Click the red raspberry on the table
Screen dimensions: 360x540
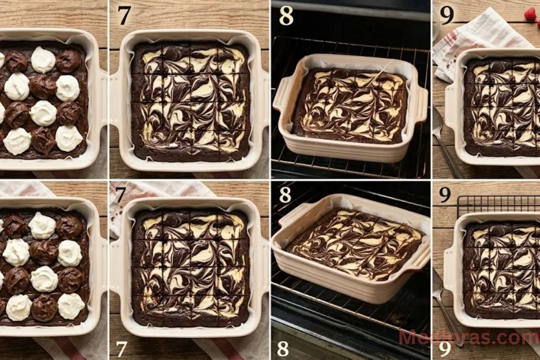pos(530,14)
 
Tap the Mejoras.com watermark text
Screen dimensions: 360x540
pos(468,337)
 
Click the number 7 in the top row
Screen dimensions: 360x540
pos(124,15)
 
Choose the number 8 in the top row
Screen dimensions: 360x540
pos(286,15)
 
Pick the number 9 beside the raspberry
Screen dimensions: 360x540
pos(447,15)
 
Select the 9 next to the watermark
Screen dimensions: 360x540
pos(445,348)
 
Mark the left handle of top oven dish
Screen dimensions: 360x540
pos(284,94)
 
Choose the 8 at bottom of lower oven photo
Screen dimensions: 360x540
pos(283,348)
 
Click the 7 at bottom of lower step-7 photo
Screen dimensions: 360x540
pos(122,348)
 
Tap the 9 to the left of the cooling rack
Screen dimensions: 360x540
pos(445,195)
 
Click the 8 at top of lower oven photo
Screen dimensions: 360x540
pos(285,195)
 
